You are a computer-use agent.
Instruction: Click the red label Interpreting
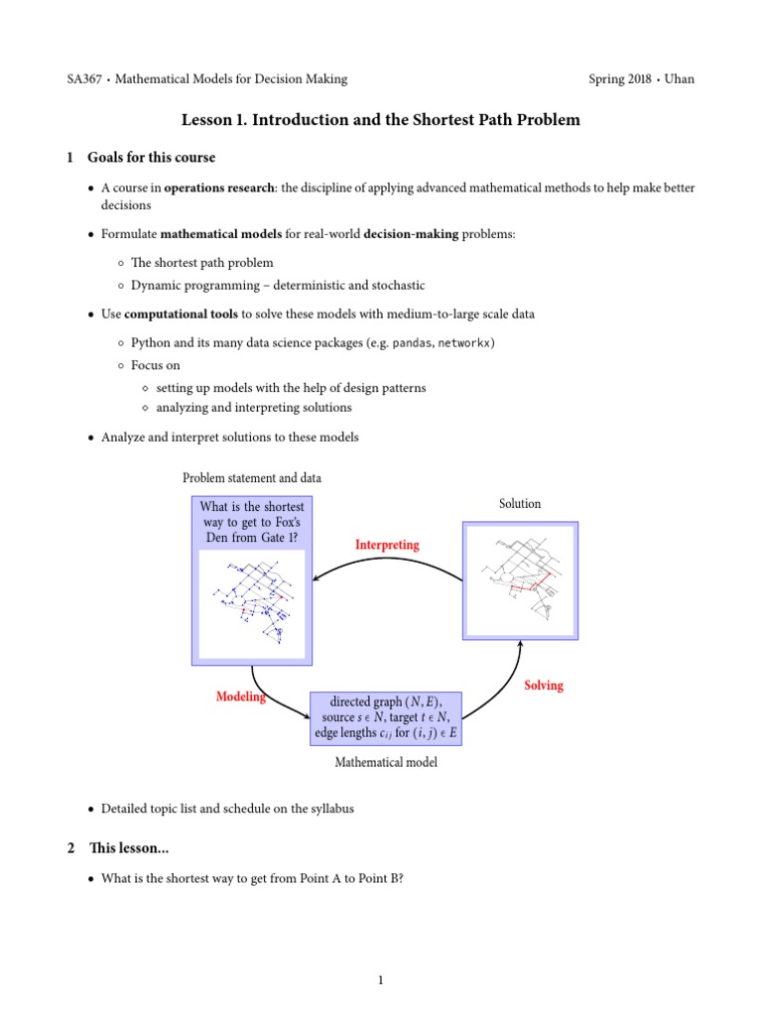pyautogui.click(x=387, y=545)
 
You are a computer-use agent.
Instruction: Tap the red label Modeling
pyautogui.click(x=241, y=697)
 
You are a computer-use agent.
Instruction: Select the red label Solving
pyautogui.click(x=543, y=686)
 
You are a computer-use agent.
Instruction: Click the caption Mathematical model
pyautogui.click(x=385, y=763)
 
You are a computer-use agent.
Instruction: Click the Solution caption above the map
pyautogui.click(x=520, y=504)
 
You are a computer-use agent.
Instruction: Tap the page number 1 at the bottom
pyautogui.click(x=380, y=981)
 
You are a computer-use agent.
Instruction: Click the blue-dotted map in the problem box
pyautogui.click(x=251, y=602)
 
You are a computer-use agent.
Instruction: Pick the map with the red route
pyautogui.click(x=520, y=582)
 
